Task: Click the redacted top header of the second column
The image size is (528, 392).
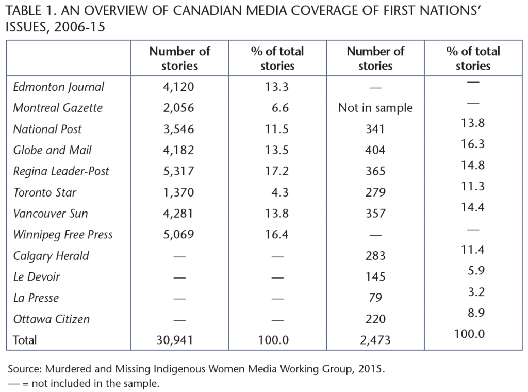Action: (188, 51)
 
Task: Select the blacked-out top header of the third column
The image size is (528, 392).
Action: (288, 51)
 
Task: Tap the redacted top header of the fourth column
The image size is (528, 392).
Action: (385, 51)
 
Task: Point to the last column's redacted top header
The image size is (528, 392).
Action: (484, 51)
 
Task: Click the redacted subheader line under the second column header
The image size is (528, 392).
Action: (194, 67)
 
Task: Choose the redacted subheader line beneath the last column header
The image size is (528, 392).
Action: (488, 67)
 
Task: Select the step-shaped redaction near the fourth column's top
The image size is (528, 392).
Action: (382, 108)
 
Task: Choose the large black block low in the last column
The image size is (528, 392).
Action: (491, 284)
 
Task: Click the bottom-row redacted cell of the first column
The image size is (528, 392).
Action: (71, 339)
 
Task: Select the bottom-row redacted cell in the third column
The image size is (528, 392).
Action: (292, 340)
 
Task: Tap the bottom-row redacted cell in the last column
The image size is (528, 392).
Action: (488, 337)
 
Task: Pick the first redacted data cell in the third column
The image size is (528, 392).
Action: (295, 87)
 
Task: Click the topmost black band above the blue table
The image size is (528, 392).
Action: (264, 10)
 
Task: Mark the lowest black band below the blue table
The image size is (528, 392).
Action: (264, 384)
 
